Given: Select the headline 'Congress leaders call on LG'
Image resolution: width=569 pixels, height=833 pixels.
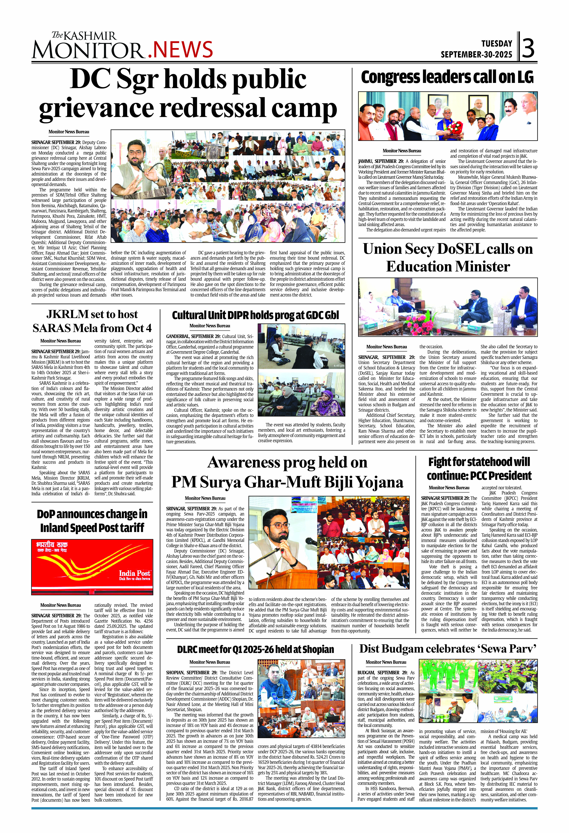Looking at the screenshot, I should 447,77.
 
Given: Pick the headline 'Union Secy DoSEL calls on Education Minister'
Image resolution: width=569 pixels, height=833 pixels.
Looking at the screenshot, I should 448,257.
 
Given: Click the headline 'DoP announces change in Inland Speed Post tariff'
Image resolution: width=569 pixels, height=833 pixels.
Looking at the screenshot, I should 92,521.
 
